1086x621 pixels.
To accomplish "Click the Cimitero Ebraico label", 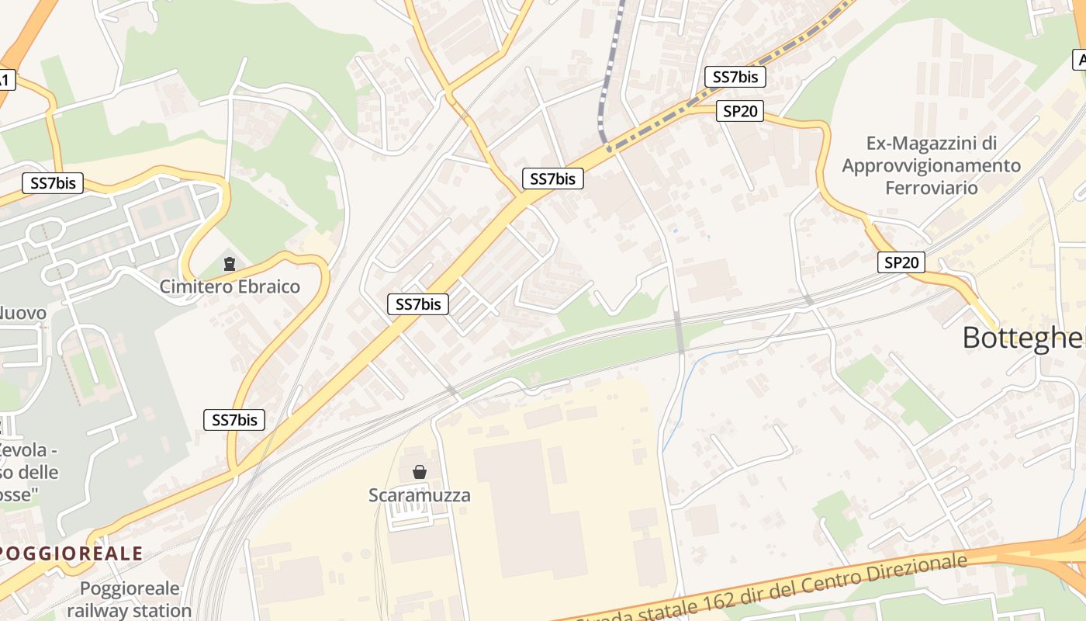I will pyautogui.click(x=230, y=286).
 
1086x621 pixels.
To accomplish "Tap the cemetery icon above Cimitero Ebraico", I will pyautogui.click(x=230, y=265).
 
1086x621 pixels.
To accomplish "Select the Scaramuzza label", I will pyautogui.click(x=419, y=494).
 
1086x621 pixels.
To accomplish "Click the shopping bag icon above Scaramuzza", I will pyautogui.click(x=420, y=471).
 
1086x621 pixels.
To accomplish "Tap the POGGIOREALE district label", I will pyautogui.click(x=71, y=553).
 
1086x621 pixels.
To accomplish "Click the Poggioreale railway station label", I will pyautogui.click(x=129, y=599).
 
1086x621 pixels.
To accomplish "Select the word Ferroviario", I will pyautogui.click(x=931, y=187).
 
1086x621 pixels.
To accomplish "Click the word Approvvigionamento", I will pyautogui.click(x=931, y=165).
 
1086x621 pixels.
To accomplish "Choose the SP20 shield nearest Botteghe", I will pyautogui.click(x=901, y=262).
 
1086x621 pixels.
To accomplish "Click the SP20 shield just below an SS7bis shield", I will pyautogui.click(x=739, y=111).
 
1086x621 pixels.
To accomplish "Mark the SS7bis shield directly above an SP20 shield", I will pyautogui.click(x=735, y=77).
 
